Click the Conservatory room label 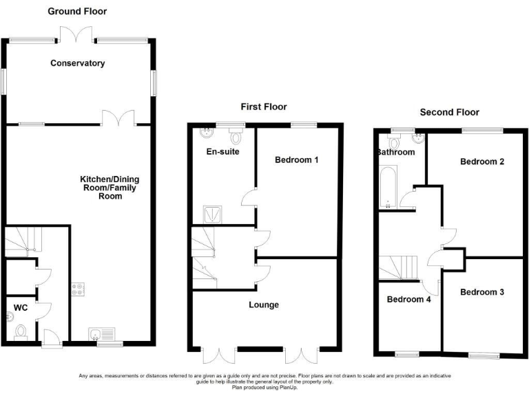[x=77, y=63]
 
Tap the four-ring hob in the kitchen [x=78, y=290]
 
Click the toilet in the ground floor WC [x=21, y=332]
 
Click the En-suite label [x=222, y=151]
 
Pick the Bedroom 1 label [x=296, y=160]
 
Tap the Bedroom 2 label [x=483, y=162]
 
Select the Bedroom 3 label [x=482, y=292]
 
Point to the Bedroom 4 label [x=408, y=299]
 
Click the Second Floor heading [x=450, y=112]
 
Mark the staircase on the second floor [x=399, y=267]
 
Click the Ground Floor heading [x=77, y=12]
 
